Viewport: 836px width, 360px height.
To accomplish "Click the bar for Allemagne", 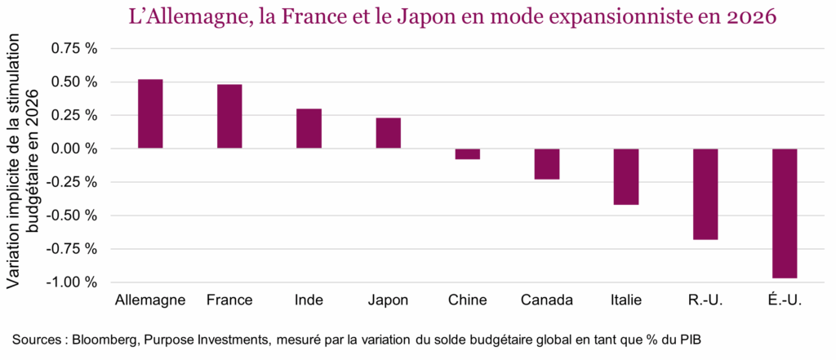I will [x=150, y=113].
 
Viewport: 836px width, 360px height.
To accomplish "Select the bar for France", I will [x=229, y=116].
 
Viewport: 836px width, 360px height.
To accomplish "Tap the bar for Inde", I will [x=309, y=128].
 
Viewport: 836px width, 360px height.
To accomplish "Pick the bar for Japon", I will [x=388, y=133].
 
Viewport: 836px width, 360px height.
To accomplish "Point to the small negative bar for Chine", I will [x=467, y=153].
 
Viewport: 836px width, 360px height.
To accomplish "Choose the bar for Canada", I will [x=546, y=163].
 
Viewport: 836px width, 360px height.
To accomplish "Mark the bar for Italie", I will [x=625, y=176].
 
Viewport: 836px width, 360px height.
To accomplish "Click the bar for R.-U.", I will [x=705, y=194].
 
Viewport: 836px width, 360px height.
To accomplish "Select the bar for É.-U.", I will [x=784, y=213].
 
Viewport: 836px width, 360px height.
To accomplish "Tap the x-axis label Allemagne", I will [x=151, y=300].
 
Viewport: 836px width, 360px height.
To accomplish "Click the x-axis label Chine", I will [x=467, y=300].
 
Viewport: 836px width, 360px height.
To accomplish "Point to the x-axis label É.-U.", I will [x=784, y=300].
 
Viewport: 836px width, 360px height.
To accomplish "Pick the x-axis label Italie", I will [x=625, y=300].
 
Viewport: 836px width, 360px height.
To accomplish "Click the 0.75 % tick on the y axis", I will [x=74, y=49].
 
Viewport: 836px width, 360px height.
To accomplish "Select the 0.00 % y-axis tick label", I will [x=74, y=149].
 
